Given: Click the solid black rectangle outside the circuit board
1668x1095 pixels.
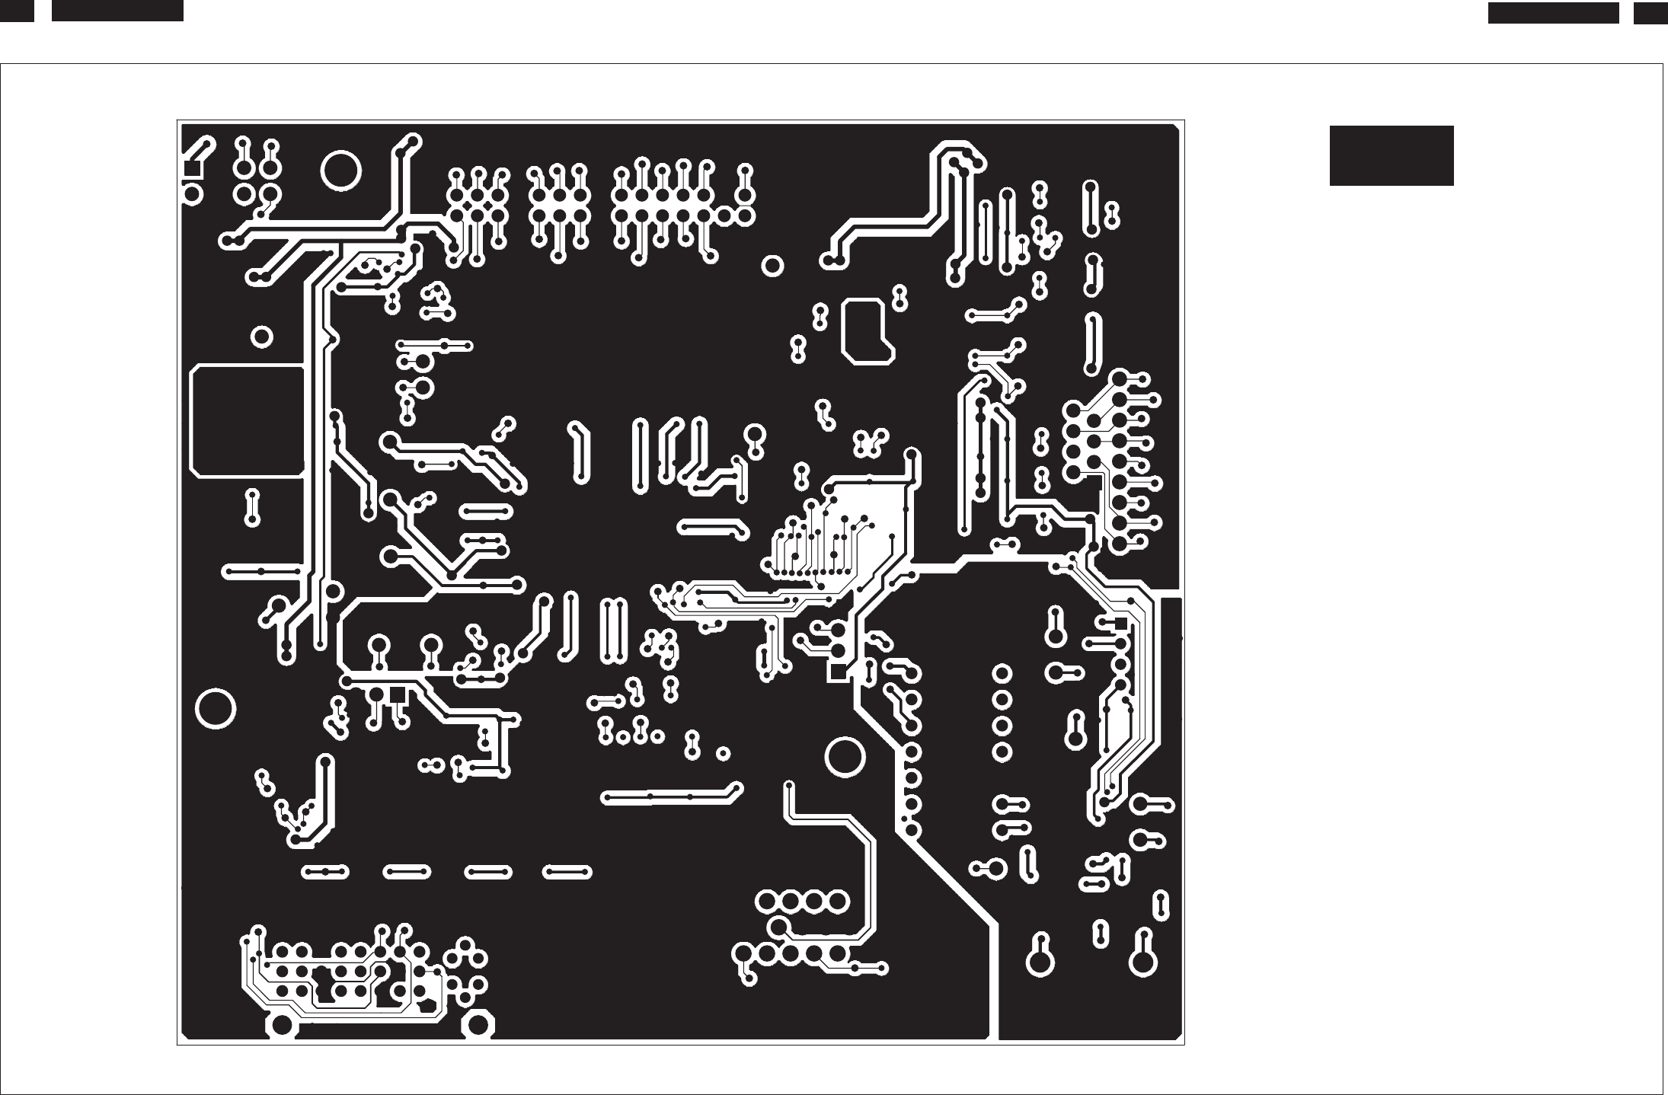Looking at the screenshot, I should [x=1391, y=155].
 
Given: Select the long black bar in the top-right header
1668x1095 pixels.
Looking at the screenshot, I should [x=1553, y=13].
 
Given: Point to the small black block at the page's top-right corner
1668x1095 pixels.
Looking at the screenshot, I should [x=1650, y=13].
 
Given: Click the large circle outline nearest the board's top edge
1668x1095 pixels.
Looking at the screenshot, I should [x=340, y=171].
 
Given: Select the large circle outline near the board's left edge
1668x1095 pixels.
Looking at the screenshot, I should [x=216, y=708].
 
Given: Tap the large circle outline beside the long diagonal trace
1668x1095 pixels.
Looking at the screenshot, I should [x=844, y=756].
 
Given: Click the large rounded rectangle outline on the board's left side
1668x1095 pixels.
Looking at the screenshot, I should [x=247, y=421].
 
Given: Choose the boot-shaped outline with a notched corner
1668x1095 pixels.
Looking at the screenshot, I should [x=865, y=330].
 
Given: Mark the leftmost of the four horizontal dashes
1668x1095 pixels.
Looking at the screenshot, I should [x=325, y=871].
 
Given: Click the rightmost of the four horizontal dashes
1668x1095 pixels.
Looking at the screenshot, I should [x=567, y=871].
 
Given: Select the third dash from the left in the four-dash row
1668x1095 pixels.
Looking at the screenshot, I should [x=487, y=871].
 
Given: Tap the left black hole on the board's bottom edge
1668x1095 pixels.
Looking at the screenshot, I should [x=282, y=1024].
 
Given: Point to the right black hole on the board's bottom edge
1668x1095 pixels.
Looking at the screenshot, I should [x=478, y=1024].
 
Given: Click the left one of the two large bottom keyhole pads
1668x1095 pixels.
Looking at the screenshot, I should [x=1040, y=962].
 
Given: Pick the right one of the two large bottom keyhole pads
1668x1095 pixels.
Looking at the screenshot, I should [x=1143, y=962].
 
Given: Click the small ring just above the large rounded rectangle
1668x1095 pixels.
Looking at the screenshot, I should [x=261, y=337].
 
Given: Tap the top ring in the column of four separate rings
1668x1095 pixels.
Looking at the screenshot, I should [x=1002, y=674].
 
